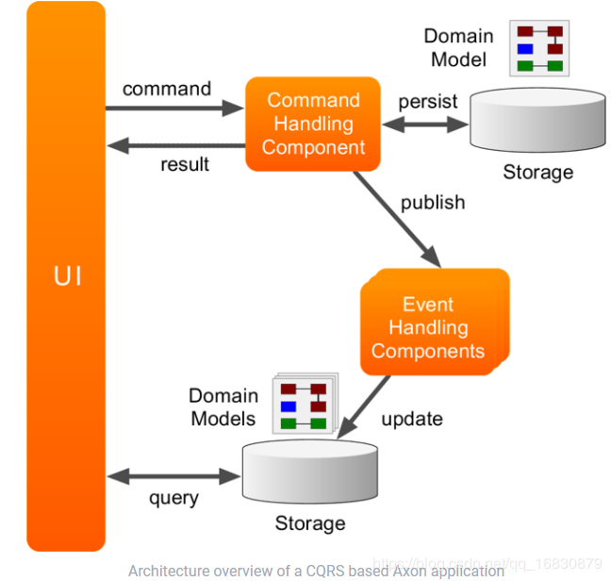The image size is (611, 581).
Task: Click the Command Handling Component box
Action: tap(312, 124)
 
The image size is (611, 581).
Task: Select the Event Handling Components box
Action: tap(429, 327)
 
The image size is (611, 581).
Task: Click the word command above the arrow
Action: tap(166, 89)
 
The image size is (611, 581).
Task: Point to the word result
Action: tap(185, 163)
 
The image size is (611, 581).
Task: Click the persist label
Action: tap(428, 101)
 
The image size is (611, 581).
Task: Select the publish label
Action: tap(433, 202)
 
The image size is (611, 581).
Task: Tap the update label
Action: tap(412, 418)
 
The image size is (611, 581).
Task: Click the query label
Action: tap(173, 497)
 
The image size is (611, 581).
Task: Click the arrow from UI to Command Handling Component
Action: tap(174, 108)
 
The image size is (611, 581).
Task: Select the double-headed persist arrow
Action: tap(424, 124)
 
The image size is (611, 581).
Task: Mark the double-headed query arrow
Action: tap(173, 474)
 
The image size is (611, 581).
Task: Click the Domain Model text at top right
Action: tap(459, 47)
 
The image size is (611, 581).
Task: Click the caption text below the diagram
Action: tap(316, 571)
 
